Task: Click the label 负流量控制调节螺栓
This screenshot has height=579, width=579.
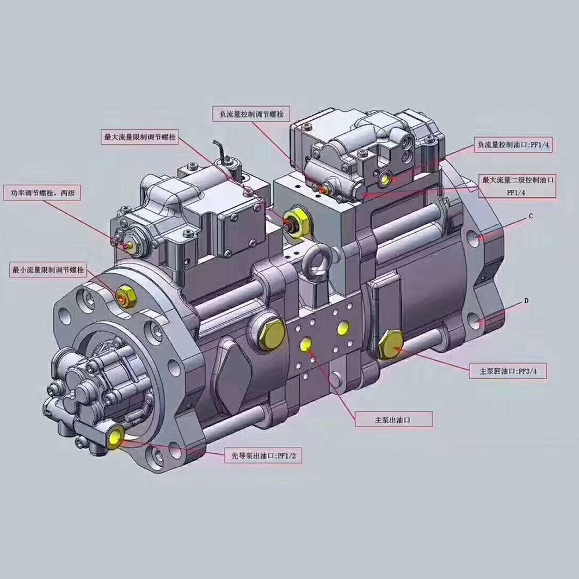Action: click(x=251, y=114)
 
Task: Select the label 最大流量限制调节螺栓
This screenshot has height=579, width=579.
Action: click(x=140, y=137)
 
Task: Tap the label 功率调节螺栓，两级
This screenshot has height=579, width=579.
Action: click(x=42, y=193)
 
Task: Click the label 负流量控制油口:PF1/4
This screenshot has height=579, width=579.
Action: click(x=513, y=145)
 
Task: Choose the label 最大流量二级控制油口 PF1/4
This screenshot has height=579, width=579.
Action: click(x=518, y=186)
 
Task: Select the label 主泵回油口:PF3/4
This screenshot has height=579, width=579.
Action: click(x=508, y=371)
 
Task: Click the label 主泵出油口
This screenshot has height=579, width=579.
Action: click(x=393, y=420)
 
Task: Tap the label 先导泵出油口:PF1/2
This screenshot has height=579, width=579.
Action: click(x=263, y=456)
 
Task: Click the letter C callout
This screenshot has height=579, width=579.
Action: click(x=531, y=215)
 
